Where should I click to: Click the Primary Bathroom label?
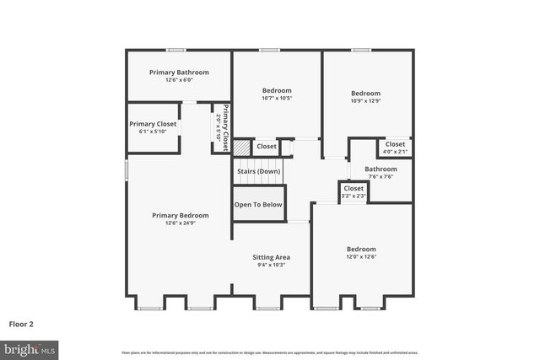(x=179, y=73)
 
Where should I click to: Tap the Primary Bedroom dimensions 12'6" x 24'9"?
(x=180, y=223)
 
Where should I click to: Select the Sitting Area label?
(x=272, y=256)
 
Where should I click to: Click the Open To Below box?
(x=259, y=204)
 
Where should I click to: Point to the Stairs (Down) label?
(x=258, y=171)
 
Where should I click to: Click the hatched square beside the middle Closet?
(x=242, y=147)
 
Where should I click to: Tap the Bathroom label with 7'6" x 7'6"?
(x=381, y=169)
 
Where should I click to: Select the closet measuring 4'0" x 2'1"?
(x=395, y=147)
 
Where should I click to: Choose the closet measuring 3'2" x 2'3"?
(x=354, y=191)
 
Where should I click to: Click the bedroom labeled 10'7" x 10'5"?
(x=277, y=94)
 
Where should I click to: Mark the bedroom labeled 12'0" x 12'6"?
(x=361, y=253)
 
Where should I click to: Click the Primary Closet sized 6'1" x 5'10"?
(x=153, y=126)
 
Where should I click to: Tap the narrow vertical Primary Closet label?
(x=223, y=127)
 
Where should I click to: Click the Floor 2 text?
(x=21, y=323)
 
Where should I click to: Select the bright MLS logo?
(x=30, y=347)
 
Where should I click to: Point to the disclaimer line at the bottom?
(x=269, y=352)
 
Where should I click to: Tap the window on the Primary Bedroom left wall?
(x=127, y=169)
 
